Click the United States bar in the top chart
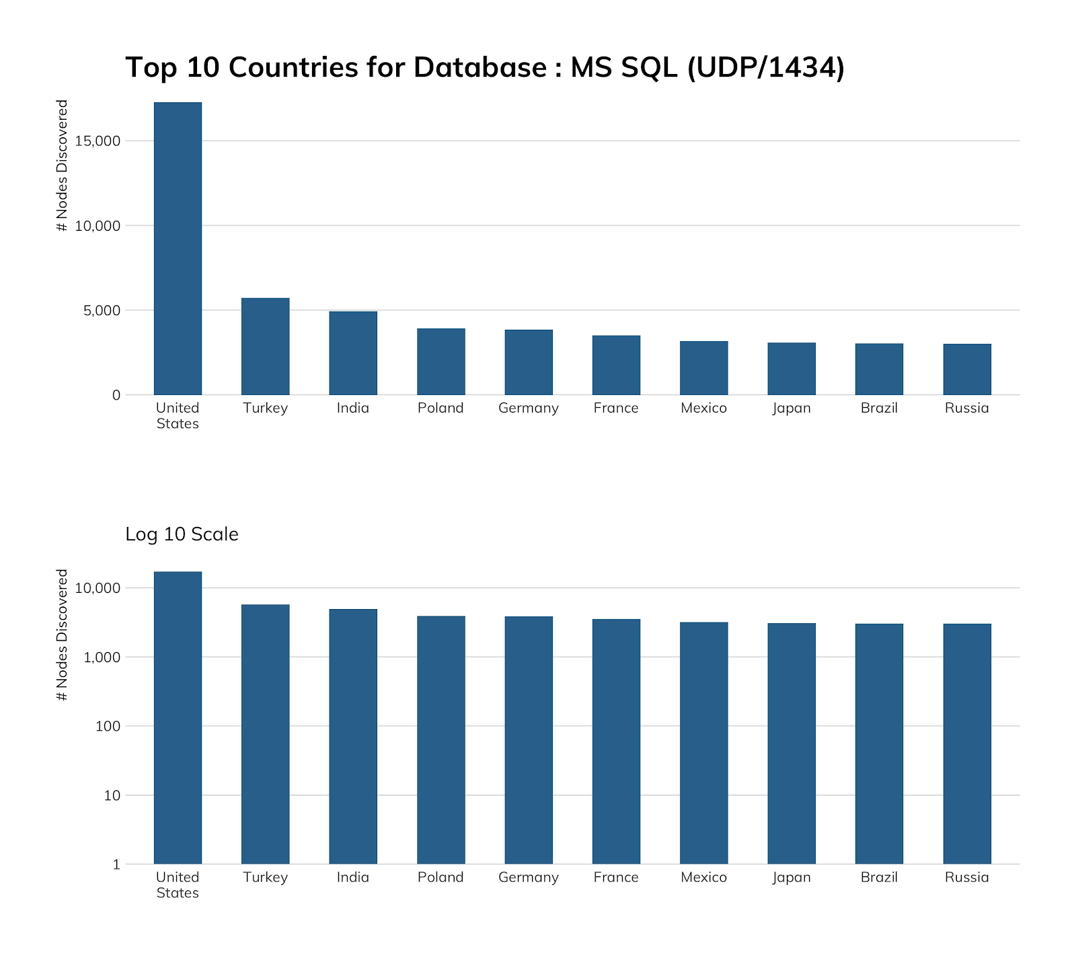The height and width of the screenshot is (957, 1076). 178,249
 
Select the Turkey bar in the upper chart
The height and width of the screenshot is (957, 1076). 265,347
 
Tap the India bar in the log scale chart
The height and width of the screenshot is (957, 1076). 353,736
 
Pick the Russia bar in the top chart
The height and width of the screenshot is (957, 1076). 966,369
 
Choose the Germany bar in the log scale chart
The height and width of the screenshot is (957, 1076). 529,740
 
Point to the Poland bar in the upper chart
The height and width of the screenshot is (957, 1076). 440,362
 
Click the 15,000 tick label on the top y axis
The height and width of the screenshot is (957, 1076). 98,141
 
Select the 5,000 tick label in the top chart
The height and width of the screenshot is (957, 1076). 102,310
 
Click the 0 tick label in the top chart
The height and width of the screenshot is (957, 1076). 116,395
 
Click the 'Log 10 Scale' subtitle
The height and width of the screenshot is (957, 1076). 182,534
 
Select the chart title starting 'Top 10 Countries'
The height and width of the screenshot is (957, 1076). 484,67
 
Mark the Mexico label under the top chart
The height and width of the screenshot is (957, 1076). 703,409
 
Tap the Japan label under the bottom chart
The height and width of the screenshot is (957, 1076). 792,878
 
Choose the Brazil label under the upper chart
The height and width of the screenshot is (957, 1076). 879,409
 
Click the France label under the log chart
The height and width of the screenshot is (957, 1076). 616,878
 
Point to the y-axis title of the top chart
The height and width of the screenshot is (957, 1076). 63,166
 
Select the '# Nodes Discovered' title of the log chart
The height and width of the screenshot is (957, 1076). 63,635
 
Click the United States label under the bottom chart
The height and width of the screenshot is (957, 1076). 178,885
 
